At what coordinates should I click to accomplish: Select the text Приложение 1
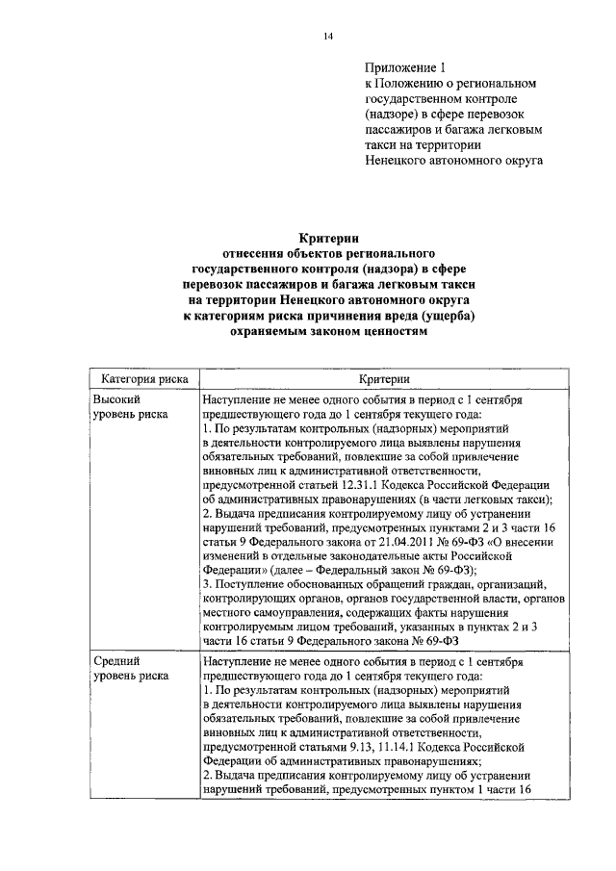(x=406, y=67)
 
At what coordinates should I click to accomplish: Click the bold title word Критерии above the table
(x=328, y=238)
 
